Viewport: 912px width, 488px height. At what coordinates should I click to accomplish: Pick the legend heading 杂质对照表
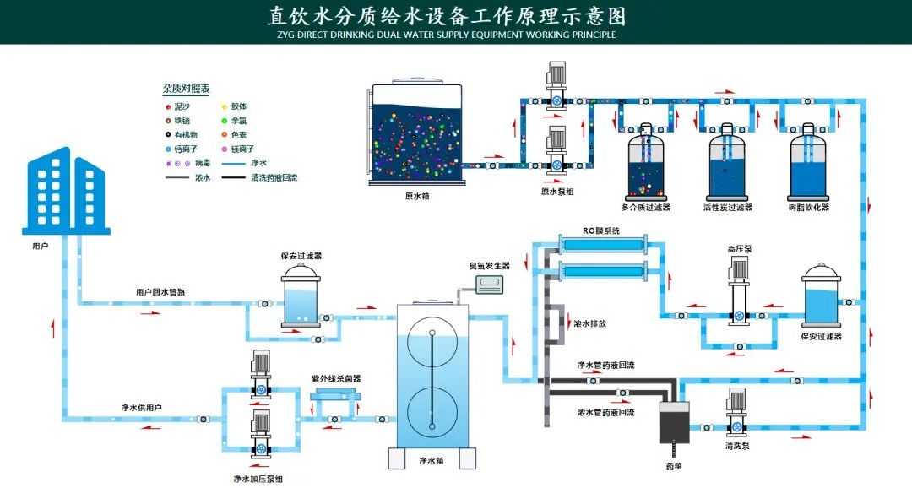[186, 88]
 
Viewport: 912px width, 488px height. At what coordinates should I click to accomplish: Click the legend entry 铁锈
[182, 121]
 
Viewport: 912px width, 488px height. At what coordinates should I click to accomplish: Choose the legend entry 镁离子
[241, 149]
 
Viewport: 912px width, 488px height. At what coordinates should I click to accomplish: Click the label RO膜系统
[601, 230]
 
